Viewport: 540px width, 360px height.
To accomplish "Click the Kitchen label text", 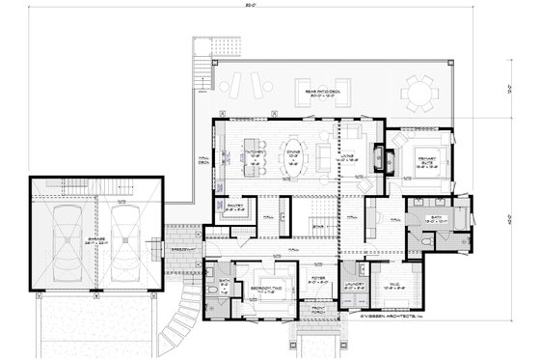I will (x=255, y=153).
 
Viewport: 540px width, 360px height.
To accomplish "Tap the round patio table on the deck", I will (x=420, y=94).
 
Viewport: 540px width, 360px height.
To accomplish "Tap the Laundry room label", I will (x=354, y=285).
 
